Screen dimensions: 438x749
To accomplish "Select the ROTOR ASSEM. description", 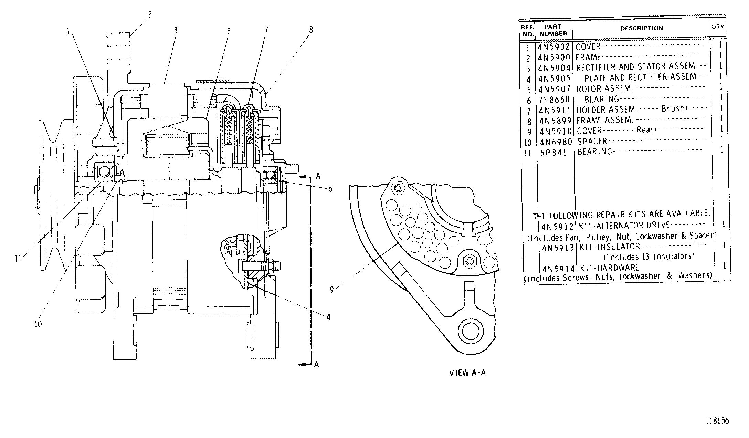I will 604,88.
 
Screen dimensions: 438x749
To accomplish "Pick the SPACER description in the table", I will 592,141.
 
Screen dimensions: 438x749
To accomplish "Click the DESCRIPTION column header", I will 641,28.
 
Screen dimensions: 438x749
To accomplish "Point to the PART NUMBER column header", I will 553,30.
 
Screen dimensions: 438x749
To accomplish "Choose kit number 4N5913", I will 558,247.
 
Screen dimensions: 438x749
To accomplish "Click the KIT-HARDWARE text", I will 609,268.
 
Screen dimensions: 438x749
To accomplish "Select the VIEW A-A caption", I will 467,373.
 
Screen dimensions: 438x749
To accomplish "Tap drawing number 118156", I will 718,421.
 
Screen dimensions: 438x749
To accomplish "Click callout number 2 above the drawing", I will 150,14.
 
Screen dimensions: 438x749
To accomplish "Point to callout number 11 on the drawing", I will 18,258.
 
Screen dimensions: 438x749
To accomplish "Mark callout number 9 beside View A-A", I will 331,290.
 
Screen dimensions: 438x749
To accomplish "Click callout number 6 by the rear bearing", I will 330,189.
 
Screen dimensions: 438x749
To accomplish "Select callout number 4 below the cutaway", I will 328,317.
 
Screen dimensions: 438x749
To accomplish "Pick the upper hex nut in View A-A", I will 398,188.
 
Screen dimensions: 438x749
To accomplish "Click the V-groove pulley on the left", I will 55,193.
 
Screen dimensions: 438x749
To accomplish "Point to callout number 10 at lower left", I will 38,324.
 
